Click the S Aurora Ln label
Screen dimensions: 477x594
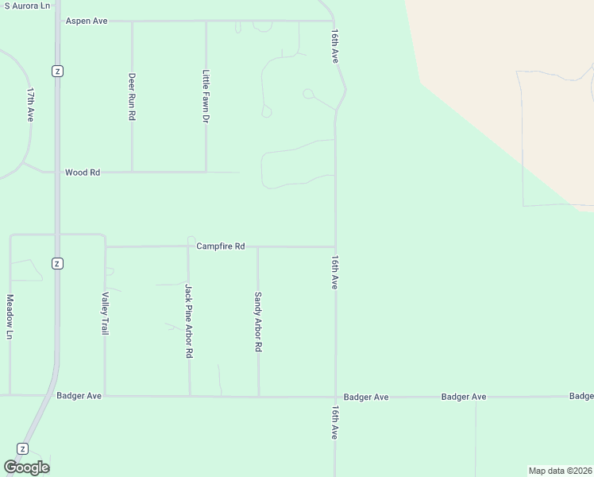coord(27,5)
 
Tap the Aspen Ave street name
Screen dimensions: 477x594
coord(87,21)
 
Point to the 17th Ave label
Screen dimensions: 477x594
coord(30,104)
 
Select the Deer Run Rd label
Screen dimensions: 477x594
coord(132,96)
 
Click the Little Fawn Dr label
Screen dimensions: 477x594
coord(206,96)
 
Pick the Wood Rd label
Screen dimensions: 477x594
coord(83,172)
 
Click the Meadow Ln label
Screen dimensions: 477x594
coord(10,316)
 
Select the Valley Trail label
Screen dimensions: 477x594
coord(105,313)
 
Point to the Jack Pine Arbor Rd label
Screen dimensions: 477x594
coord(189,320)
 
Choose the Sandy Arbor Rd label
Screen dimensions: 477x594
coord(258,322)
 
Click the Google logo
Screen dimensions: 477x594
coord(26,467)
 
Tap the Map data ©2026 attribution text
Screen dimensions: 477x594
coord(560,470)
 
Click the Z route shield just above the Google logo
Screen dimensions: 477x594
coord(23,448)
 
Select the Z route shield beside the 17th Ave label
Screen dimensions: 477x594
coord(57,71)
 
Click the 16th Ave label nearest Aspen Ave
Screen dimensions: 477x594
coord(336,48)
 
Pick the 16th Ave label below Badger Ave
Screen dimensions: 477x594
coord(335,421)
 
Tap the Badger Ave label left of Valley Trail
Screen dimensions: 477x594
coord(79,395)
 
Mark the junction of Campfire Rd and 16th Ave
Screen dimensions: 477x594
coord(335,246)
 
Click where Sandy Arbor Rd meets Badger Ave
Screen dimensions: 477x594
coord(258,396)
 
